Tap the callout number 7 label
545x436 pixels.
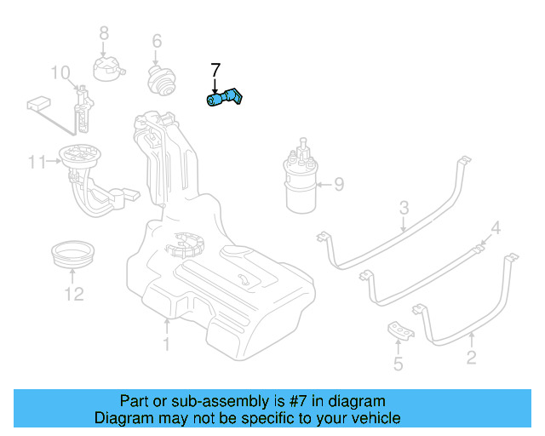[x=215, y=70]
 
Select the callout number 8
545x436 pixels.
[x=104, y=33]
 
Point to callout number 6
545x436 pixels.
[x=157, y=41]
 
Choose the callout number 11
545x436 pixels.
[x=36, y=162]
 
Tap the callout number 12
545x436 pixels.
[x=74, y=295]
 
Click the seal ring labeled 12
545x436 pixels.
[x=73, y=253]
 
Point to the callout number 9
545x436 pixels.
[x=338, y=183]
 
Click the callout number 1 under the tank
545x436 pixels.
[x=167, y=344]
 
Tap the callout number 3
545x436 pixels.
[x=404, y=207]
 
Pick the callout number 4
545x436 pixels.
[x=496, y=227]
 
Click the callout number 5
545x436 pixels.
[x=398, y=365]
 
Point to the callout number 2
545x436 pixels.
[x=471, y=359]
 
